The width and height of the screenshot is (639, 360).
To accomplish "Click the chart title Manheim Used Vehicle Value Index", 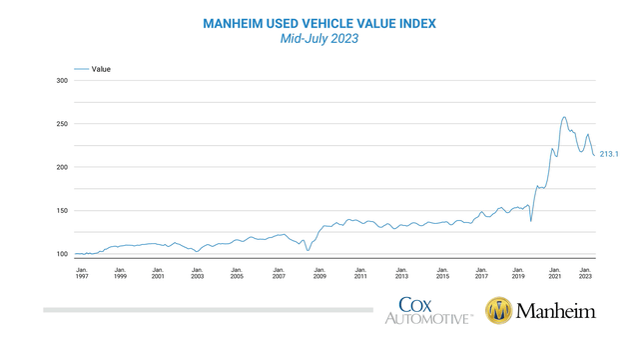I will pos(319,22).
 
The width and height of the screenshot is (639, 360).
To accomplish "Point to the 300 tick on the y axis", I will pos(62,81).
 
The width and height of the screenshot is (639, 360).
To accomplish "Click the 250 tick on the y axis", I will pos(62,124).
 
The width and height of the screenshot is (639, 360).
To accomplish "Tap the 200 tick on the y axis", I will pos(62,167).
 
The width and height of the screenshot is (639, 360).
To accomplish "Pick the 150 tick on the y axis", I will pos(62,211).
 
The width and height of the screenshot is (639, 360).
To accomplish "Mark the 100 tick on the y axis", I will pos(62,254).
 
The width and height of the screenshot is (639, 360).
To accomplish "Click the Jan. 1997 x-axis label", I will pos(81,273).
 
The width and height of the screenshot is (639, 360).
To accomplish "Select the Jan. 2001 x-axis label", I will pos(158,273).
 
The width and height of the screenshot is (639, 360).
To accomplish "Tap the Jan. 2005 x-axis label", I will pos(237,273).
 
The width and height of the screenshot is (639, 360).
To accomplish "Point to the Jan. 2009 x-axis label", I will pos(319,273).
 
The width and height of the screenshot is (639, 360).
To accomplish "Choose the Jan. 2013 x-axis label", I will pos(401,273).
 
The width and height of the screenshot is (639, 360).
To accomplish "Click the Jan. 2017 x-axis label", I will pos(481,273).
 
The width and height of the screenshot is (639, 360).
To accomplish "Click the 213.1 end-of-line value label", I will pos(610,154).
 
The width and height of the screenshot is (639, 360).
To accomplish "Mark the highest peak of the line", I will pos(564,117).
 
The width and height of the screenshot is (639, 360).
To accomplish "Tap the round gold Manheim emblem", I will pos(499,311).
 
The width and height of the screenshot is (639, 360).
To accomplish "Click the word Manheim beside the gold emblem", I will pos(555,311).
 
